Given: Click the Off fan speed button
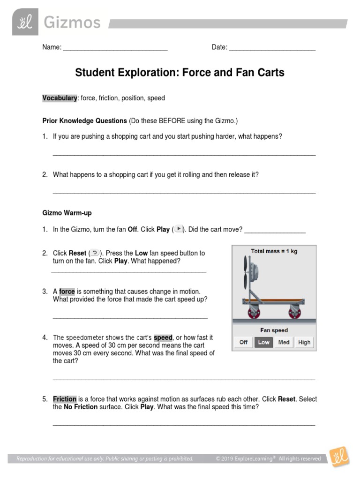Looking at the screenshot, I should tap(243, 342).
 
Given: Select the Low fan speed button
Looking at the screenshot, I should tap(263, 342).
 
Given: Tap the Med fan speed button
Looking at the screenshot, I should tap(284, 342).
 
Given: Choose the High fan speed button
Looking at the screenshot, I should tap(304, 342).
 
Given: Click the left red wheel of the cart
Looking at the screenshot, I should tap(247, 312).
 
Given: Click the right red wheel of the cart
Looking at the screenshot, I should tap(295, 312).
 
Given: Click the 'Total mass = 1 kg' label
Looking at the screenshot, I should tap(274, 251).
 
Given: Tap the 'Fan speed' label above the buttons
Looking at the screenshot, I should tap(274, 330).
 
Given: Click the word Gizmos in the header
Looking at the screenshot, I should tap(72, 22).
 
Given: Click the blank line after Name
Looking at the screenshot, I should tap(115, 47).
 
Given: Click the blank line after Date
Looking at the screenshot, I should tap(272, 47).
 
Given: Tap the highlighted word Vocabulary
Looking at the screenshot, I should tap(60, 98).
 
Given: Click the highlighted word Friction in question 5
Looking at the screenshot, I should tap(65, 399).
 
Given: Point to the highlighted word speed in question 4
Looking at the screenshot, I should tap(163, 337).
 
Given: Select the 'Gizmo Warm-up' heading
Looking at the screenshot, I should tap(67, 213).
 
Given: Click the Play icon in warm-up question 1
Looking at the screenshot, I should tap(178, 229).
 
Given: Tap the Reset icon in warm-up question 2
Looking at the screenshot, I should tap(94, 253).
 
